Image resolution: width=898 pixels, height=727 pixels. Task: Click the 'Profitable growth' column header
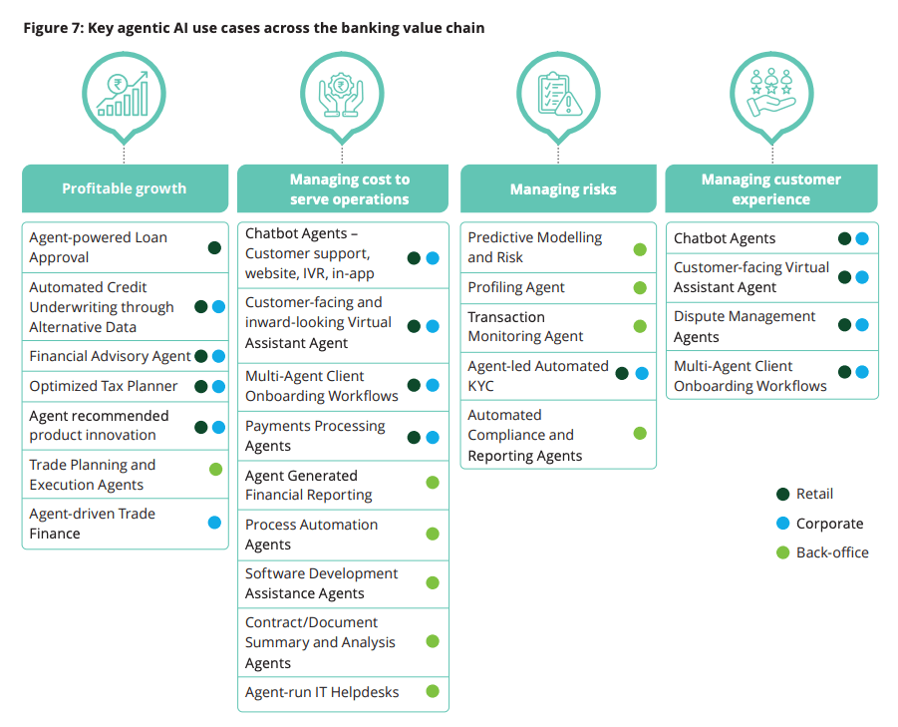click(124, 188)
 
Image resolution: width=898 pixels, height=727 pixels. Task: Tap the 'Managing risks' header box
click(562, 188)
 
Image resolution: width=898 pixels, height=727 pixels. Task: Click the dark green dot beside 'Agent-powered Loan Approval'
click(214, 247)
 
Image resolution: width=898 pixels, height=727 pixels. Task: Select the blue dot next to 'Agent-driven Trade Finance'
click(214, 523)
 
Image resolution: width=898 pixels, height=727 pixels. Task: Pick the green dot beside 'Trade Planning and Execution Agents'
click(214, 469)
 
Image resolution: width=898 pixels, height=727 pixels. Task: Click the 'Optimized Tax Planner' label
click(104, 386)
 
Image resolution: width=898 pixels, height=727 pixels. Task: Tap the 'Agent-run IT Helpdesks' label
click(322, 692)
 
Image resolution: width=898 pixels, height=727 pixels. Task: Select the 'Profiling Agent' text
click(516, 287)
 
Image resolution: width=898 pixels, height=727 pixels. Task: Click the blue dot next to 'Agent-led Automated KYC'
click(641, 374)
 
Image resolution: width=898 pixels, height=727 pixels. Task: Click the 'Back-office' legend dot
click(782, 552)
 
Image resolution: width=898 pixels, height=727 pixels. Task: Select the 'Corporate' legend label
click(829, 524)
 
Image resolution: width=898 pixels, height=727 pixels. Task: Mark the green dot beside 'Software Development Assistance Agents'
click(433, 582)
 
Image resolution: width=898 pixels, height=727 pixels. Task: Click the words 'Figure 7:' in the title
click(53, 28)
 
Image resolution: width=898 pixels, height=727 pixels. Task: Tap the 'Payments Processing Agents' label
click(315, 436)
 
